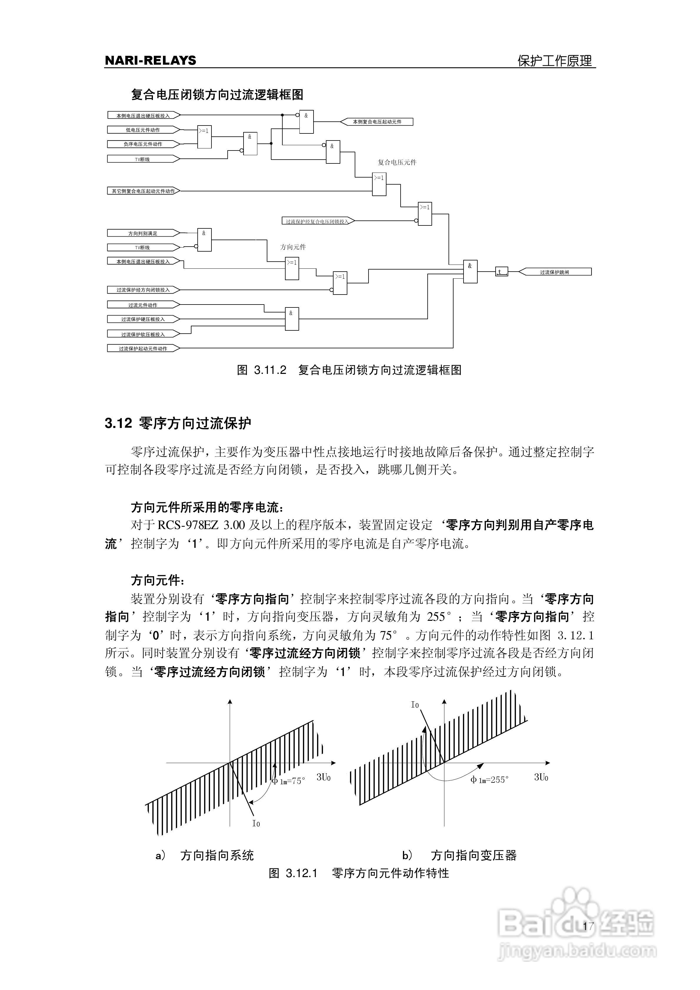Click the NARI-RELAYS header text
150,60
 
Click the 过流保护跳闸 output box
555,272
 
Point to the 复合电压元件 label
397,162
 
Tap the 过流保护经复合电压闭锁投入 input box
317,221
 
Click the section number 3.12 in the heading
118,423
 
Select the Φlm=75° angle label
288,781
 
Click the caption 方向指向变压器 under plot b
474,855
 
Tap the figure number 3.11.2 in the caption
270,370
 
